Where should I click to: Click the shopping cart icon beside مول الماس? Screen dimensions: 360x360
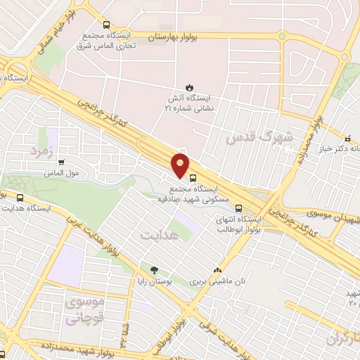61,162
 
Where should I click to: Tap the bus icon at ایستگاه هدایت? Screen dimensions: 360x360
20,198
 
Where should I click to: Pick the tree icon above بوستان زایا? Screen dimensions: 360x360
153,269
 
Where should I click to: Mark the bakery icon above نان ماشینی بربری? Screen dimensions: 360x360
217,270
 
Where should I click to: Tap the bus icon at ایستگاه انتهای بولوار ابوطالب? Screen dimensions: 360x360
239,208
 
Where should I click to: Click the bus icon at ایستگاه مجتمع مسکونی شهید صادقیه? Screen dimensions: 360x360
193,177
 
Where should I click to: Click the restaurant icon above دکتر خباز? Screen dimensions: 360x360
347,137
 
